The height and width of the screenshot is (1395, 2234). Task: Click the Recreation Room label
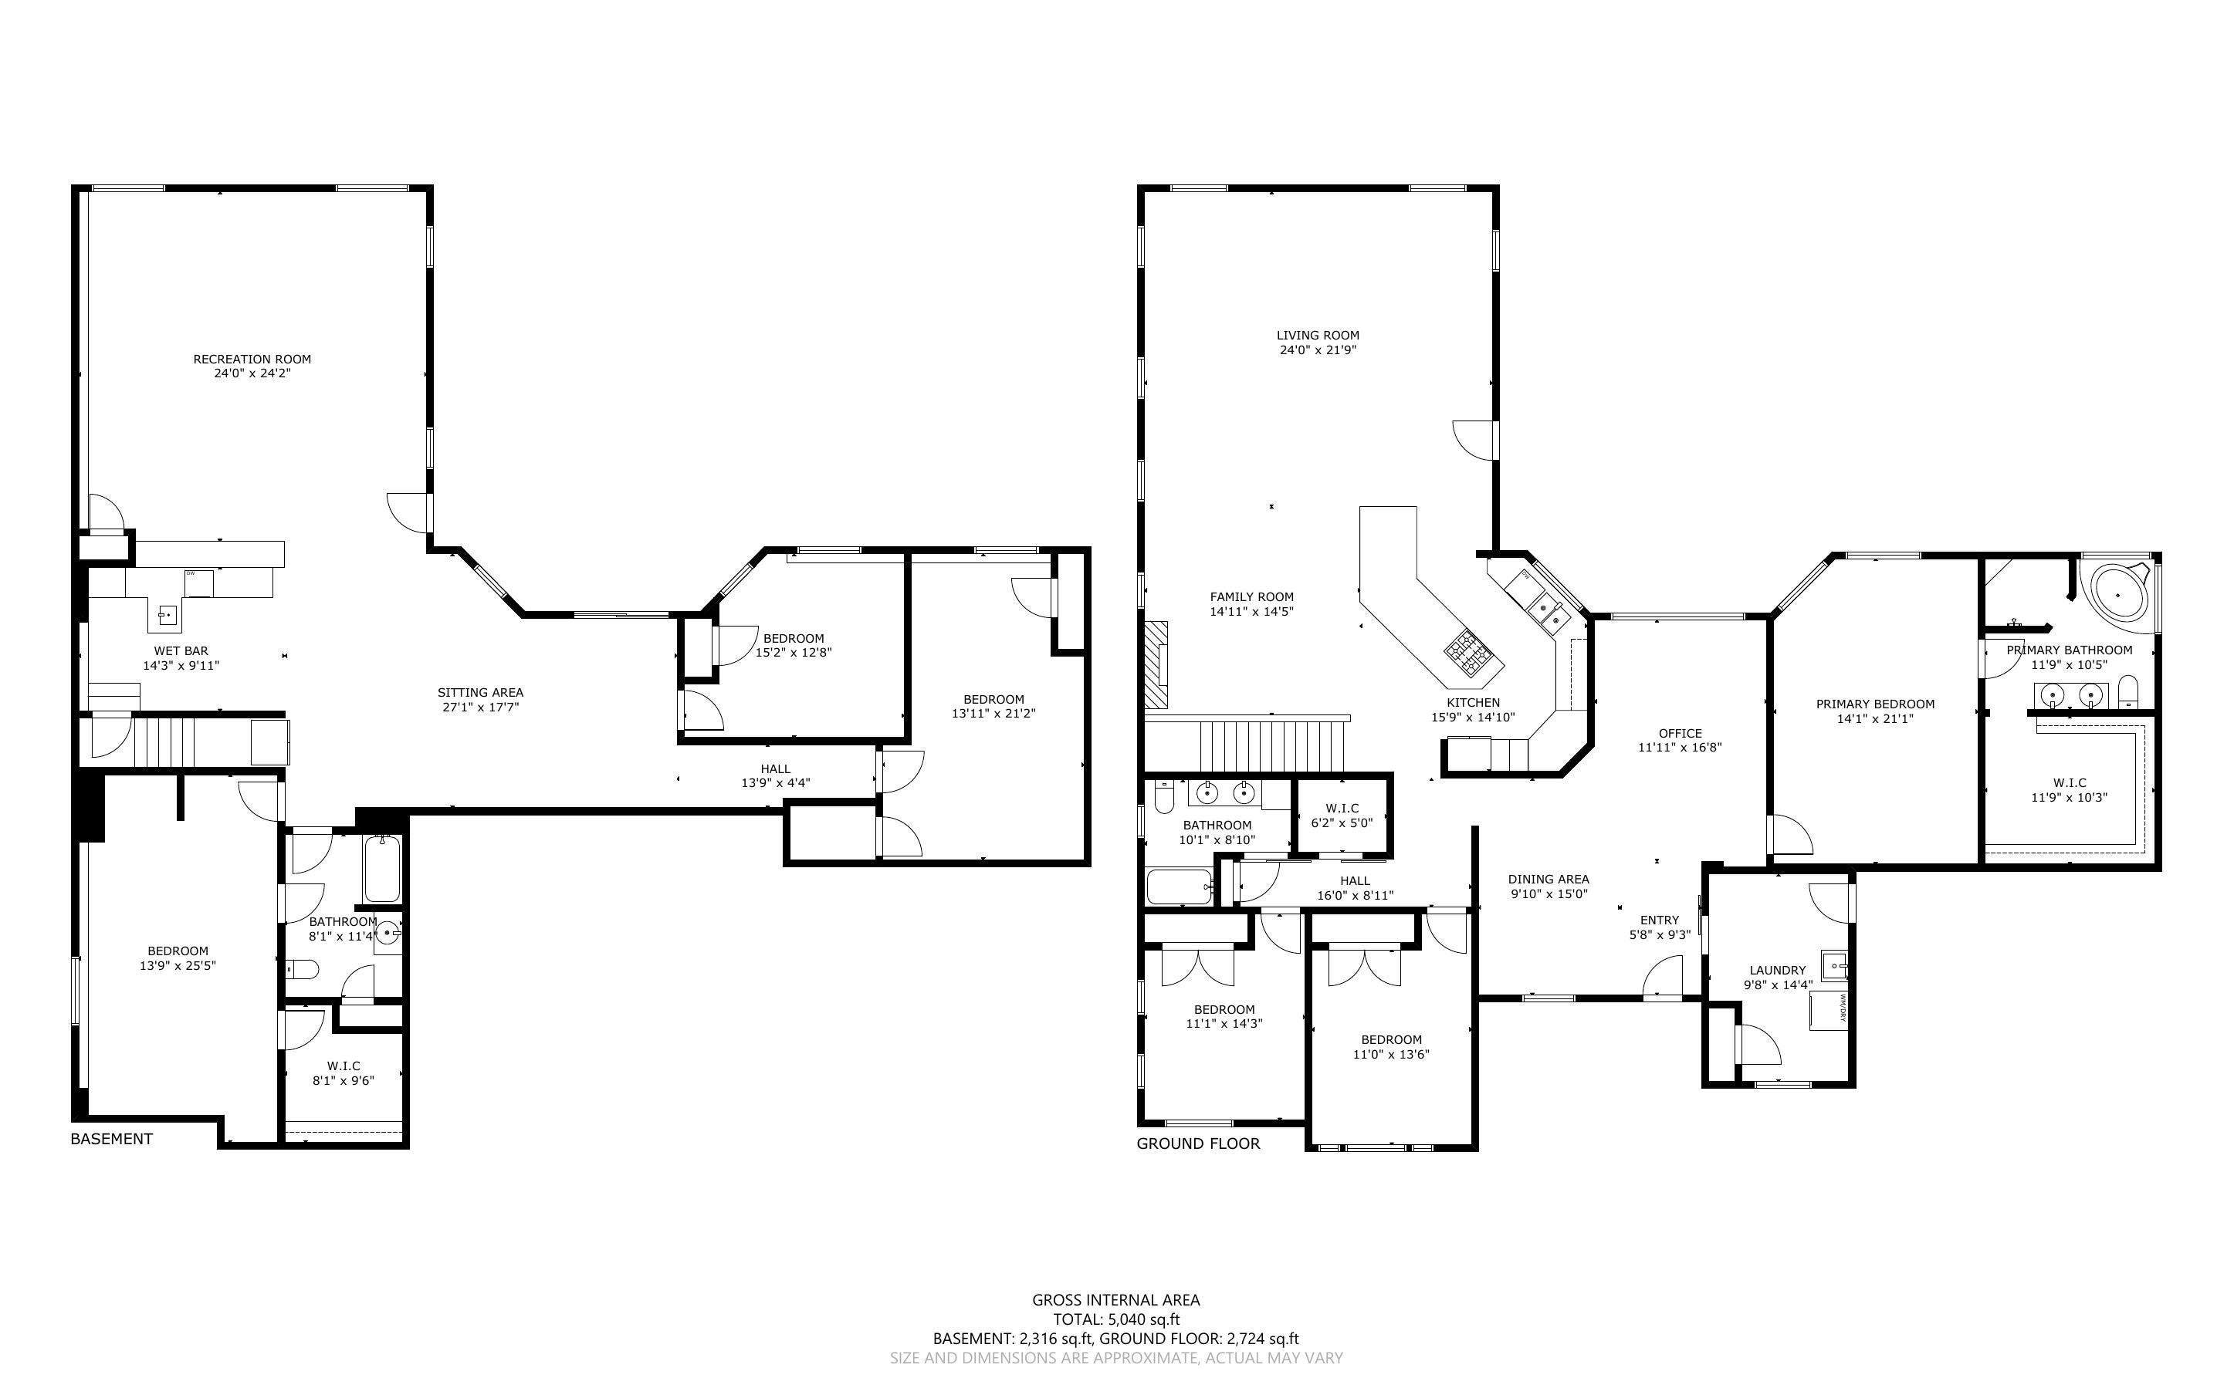click(252, 359)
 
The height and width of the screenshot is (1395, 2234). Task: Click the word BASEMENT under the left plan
click(112, 1139)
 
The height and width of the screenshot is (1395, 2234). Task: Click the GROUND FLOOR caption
click(1198, 1144)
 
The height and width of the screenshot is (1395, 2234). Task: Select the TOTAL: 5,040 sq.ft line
click(1115, 1319)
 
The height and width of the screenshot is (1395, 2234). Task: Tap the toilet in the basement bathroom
click(303, 969)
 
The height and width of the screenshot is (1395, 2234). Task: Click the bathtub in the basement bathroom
click(381, 869)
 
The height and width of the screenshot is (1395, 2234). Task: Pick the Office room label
click(1680, 734)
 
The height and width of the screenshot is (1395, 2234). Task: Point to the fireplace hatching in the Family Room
click(1156, 664)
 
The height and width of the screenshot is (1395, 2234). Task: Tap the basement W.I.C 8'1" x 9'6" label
click(344, 1073)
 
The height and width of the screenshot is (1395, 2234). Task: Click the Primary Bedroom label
click(1875, 704)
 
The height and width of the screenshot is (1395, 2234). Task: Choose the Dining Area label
click(1549, 880)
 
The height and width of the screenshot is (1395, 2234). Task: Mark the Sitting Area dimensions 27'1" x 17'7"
click(480, 708)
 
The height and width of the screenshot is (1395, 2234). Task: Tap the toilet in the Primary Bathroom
click(2128, 691)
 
